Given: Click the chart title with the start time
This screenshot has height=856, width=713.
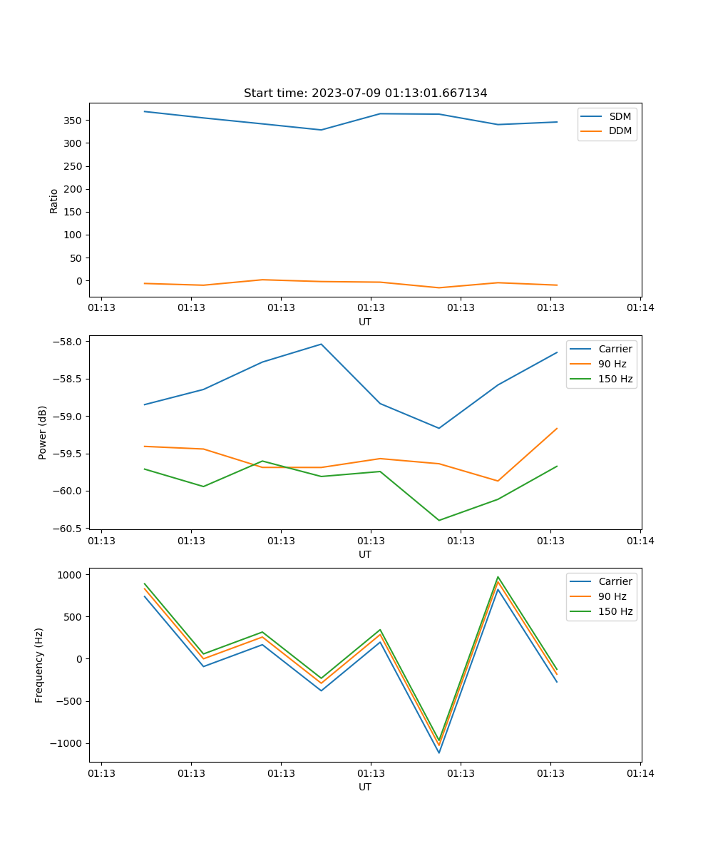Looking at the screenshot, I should pos(365,93).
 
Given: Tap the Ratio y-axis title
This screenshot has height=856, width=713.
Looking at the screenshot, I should pos(54,200).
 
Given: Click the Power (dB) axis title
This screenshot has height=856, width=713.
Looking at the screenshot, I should pos(43,432).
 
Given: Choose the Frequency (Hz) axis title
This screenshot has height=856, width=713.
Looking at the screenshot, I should pos(39,665).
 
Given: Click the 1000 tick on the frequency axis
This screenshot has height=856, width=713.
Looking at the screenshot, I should pos(73,574).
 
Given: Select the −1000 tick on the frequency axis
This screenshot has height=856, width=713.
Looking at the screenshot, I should pos(70,743).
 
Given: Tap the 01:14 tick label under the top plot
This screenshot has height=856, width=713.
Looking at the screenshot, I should pos(640,308).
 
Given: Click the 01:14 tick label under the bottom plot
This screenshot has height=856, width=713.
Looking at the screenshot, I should pos(640,773).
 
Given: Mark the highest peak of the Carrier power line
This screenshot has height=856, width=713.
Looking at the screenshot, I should pos(321,344).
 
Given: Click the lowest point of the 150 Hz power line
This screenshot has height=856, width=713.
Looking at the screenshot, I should pos(438,520).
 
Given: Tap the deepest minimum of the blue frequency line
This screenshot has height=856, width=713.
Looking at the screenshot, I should pos(438,753).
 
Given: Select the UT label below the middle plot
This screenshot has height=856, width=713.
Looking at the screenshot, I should pos(365,554).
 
